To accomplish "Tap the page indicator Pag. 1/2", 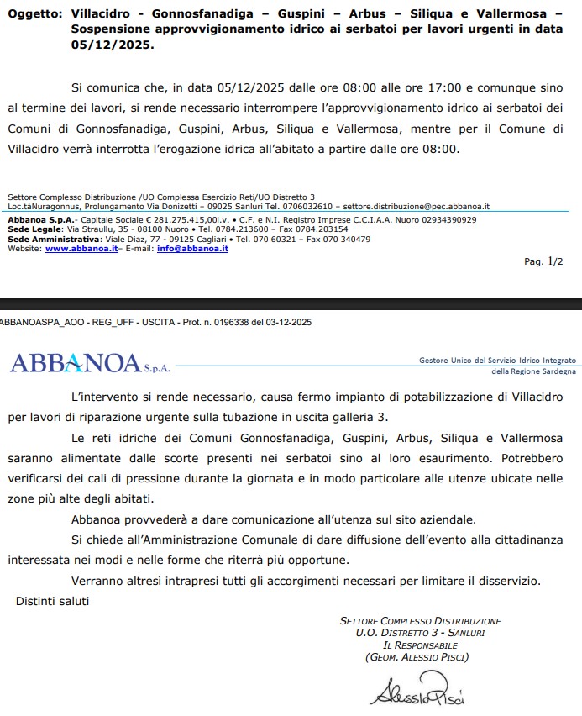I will click(543, 261).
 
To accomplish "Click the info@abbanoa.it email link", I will click(192, 249).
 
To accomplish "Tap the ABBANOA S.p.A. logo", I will click(87, 363).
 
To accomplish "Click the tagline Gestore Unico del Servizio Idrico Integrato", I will click(497, 360).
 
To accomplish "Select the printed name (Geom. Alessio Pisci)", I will click(417, 656).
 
